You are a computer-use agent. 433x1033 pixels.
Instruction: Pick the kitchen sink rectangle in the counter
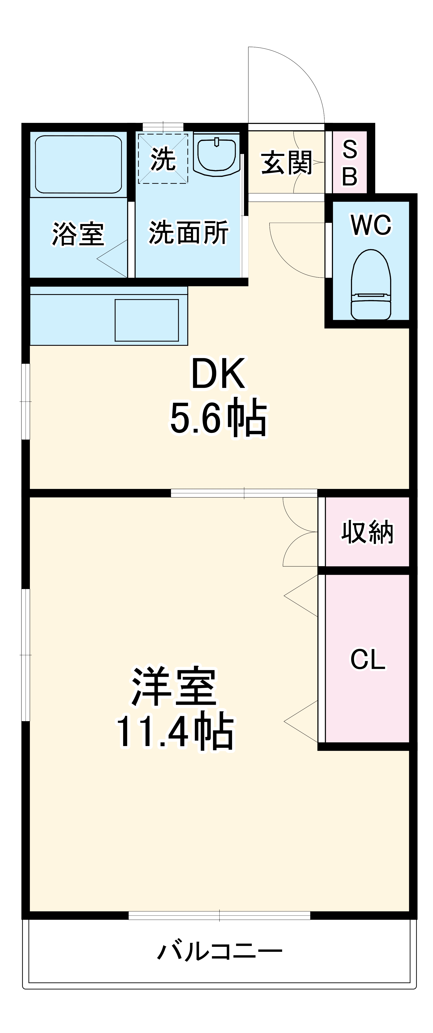pos(147,320)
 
